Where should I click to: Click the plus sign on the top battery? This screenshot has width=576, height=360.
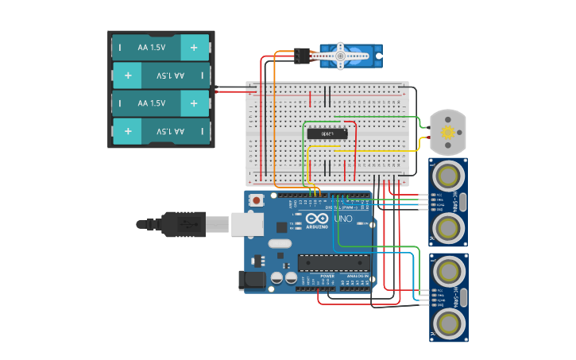(194, 48)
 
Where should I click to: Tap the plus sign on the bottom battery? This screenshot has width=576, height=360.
(127, 131)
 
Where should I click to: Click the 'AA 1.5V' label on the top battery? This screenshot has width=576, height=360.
(152, 48)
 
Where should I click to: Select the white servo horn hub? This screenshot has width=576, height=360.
(340, 56)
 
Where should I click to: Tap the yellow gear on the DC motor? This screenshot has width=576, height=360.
(447, 132)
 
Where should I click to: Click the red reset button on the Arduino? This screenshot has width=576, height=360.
(257, 201)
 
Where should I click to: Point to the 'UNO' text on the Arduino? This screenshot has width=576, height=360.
(342, 219)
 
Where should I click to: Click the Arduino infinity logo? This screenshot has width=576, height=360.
(315, 219)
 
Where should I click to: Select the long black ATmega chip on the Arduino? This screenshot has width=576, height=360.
(333, 262)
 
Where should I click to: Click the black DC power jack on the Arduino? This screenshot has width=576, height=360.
(253, 279)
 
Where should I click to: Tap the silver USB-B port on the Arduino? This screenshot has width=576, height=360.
(247, 225)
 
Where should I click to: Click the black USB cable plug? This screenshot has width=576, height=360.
(182, 224)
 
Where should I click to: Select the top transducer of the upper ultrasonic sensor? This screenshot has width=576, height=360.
(449, 173)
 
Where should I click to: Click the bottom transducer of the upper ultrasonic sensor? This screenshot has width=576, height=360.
(449, 228)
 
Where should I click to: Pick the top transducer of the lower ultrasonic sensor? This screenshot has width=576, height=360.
(449, 270)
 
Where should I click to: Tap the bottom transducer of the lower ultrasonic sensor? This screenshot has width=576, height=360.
(449, 323)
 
